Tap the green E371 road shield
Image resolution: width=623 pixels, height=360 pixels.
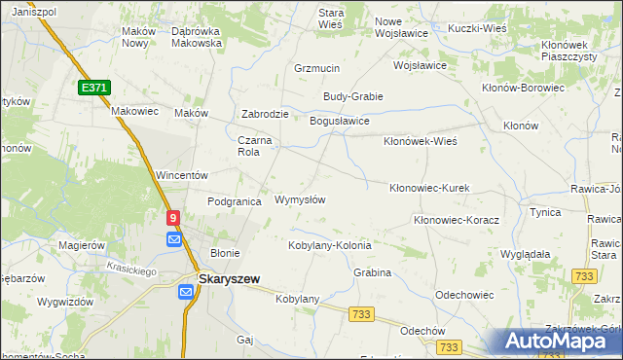(93, 88)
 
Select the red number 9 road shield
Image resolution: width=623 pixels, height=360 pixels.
(173, 220)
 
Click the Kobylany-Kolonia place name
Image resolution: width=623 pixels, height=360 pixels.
(329, 245)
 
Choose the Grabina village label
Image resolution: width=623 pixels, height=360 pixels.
(372, 272)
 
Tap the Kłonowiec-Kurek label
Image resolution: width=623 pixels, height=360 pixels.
(429, 188)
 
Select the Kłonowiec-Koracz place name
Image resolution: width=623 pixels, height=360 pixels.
(456, 221)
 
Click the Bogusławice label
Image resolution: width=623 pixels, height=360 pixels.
(339, 121)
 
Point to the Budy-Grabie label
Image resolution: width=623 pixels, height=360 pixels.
(353, 96)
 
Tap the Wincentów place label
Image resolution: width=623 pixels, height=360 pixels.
(183, 175)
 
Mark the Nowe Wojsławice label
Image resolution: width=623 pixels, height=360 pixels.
(403, 28)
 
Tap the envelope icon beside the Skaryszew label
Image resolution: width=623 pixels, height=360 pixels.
(186, 291)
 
